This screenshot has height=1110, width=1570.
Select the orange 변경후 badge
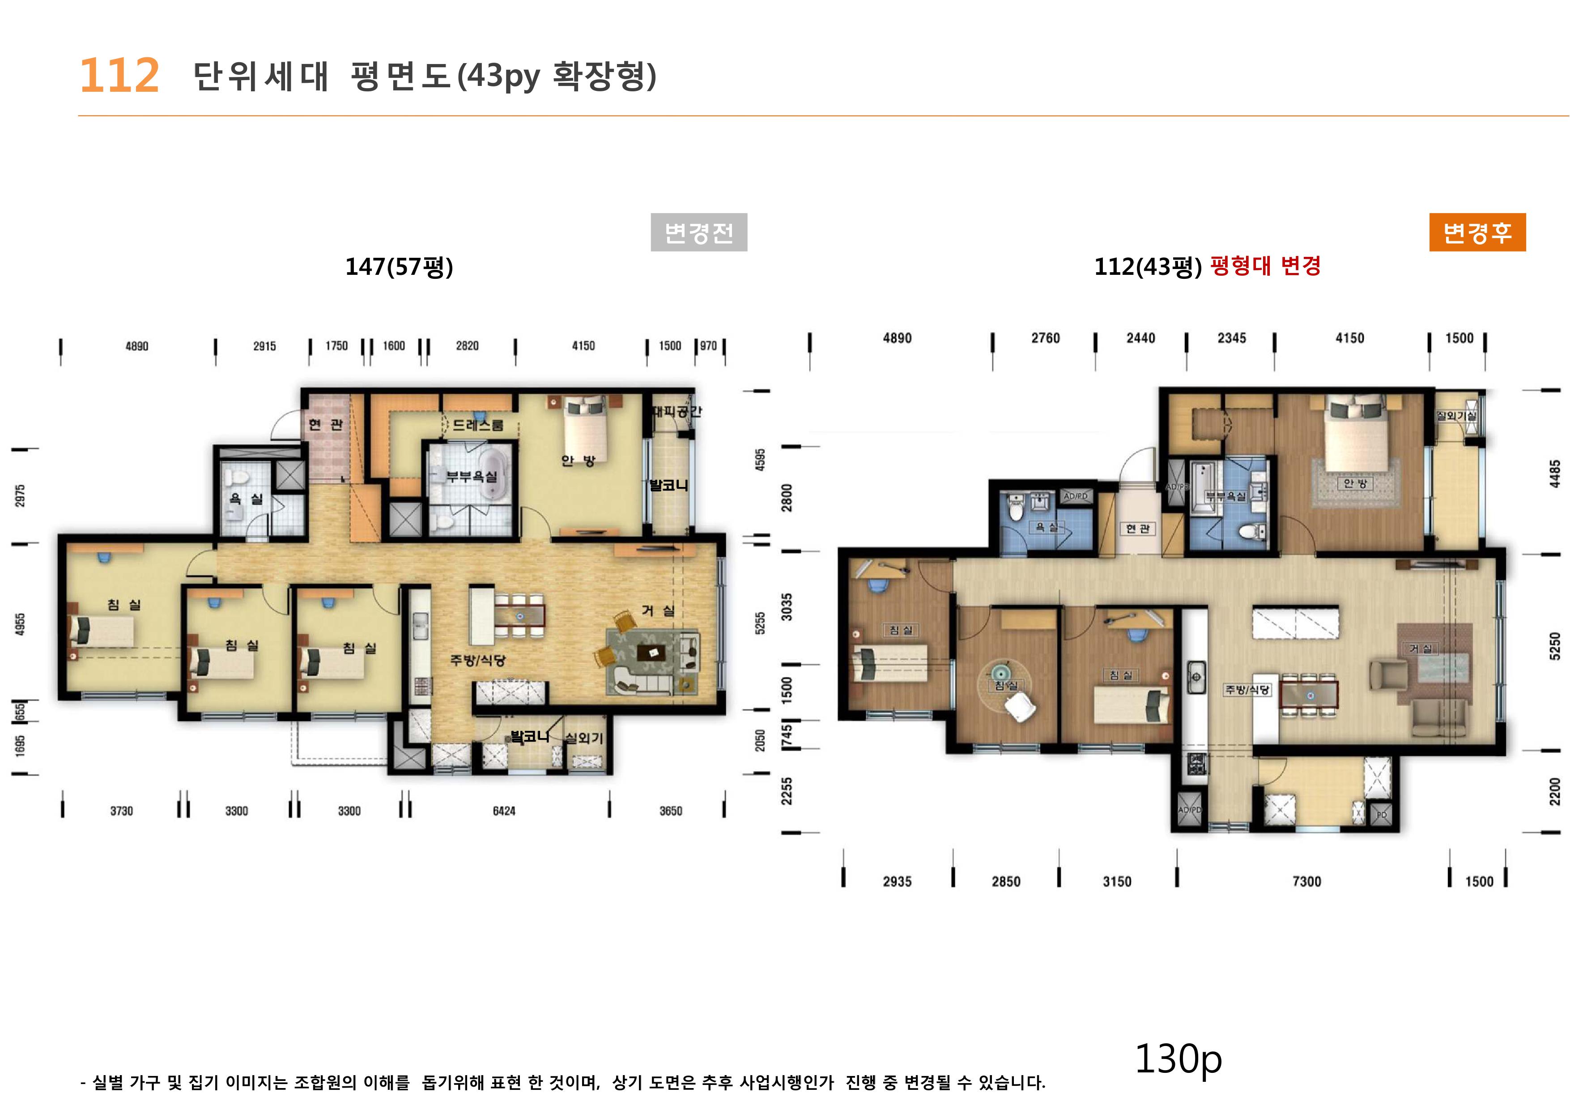pyautogui.click(x=1477, y=233)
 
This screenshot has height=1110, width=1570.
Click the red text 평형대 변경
pyautogui.click(x=1265, y=265)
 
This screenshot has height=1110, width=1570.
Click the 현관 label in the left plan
pyautogui.click(x=325, y=425)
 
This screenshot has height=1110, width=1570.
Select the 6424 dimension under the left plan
pyautogui.click(x=504, y=811)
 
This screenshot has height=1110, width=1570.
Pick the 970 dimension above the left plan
pyautogui.click(x=708, y=346)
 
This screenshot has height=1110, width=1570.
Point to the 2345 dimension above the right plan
pyautogui.click(x=1231, y=338)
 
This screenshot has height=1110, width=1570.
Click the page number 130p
pyautogui.click(x=1178, y=1059)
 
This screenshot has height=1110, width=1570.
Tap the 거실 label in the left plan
pyautogui.click(x=658, y=611)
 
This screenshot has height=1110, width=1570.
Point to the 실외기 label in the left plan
pyautogui.click(x=584, y=738)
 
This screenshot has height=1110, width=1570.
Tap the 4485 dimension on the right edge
pyautogui.click(x=1555, y=473)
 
